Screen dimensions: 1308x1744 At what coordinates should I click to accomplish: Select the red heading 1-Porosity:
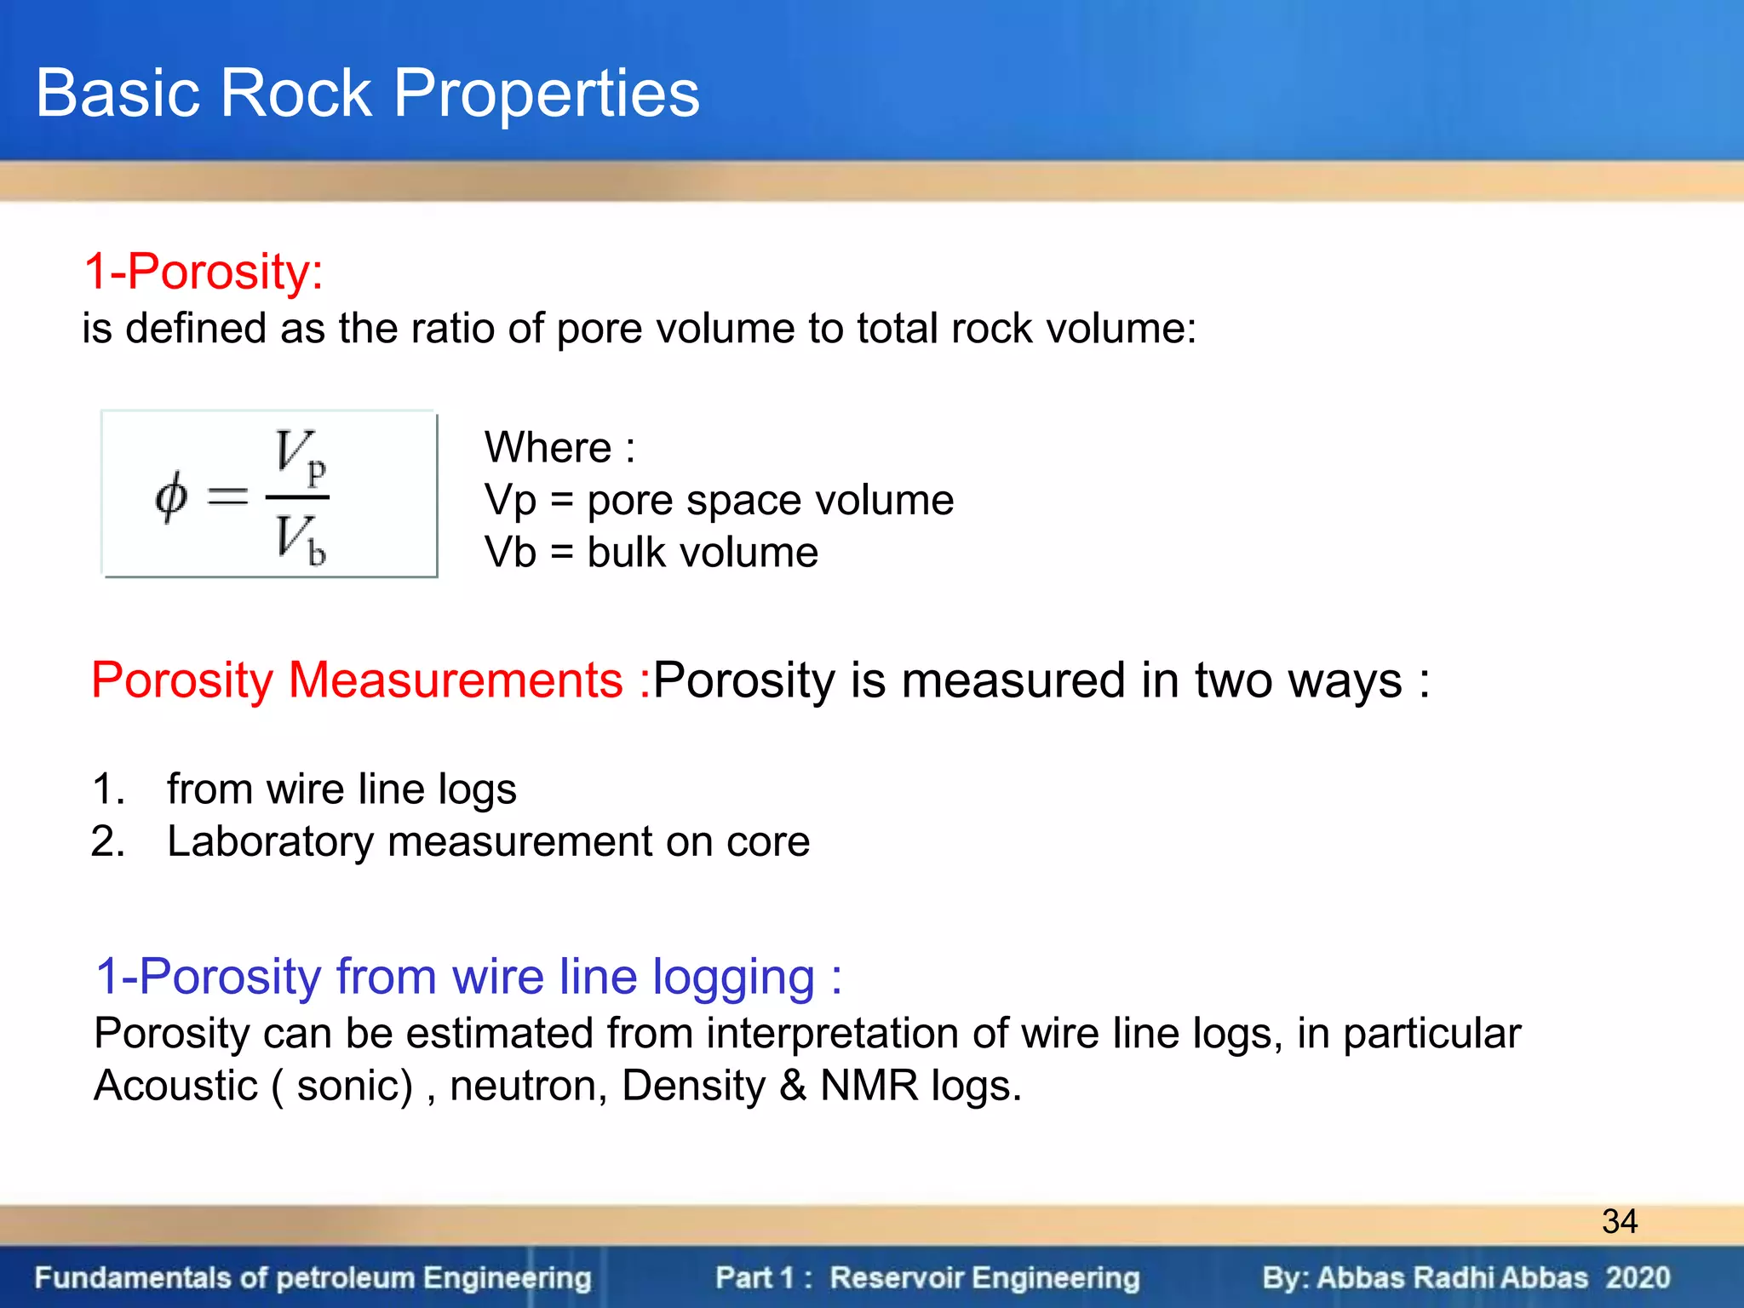click(203, 272)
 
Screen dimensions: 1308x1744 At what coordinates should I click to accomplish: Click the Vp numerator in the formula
click(300, 456)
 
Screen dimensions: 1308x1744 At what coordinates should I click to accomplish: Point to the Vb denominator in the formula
click(300, 539)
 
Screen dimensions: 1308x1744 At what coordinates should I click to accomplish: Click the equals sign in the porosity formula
click(227, 496)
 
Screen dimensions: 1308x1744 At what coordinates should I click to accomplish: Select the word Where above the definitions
click(548, 447)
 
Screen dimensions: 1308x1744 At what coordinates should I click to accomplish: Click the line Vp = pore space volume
click(719, 500)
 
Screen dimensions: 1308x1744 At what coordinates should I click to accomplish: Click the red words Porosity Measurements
click(358, 680)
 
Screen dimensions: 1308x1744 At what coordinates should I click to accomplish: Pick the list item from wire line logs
click(341, 789)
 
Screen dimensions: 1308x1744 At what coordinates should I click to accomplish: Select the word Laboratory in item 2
click(270, 841)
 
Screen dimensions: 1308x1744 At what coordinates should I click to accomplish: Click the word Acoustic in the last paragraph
click(175, 1086)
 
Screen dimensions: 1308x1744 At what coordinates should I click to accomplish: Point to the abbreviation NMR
click(869, 1086)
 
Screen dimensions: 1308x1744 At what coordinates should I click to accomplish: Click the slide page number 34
click(1619, 1221)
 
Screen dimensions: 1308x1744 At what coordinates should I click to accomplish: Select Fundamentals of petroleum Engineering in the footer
click(313, 1278)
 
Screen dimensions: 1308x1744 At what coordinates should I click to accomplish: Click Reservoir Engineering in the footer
click(984, 1278)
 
